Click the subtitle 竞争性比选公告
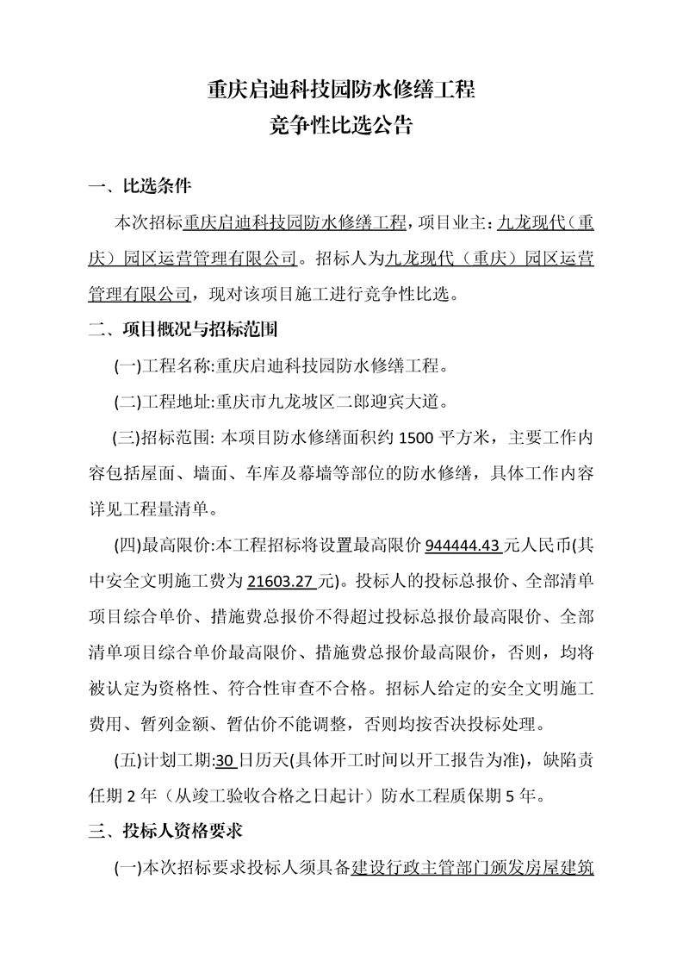tap(341, 127)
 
